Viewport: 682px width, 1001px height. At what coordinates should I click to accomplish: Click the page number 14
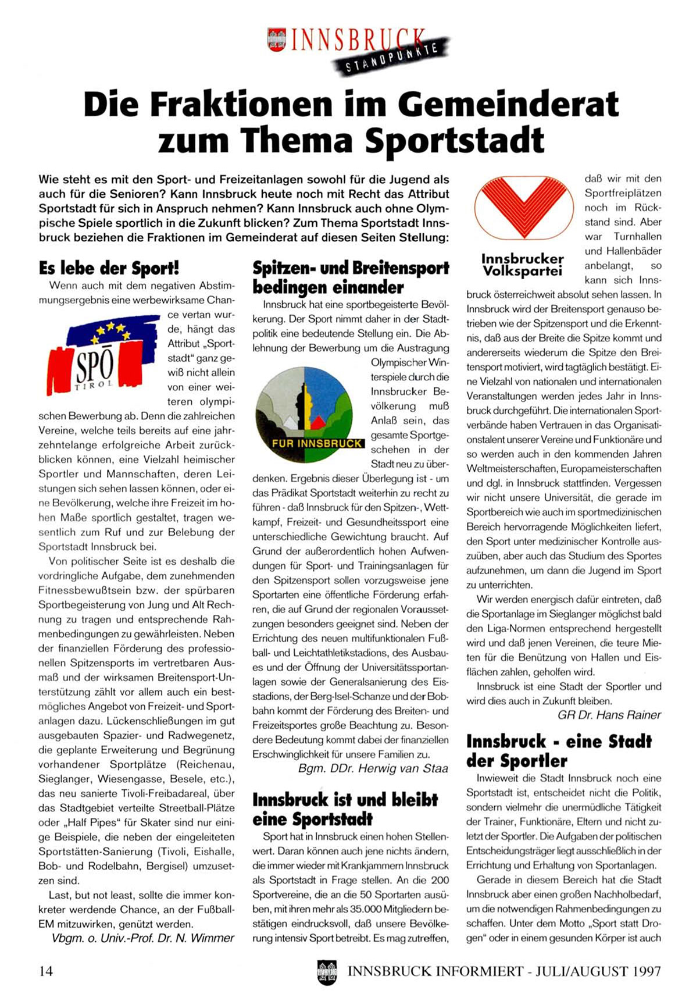point(46,971)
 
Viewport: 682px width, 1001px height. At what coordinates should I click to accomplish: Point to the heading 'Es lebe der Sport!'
point(109,268)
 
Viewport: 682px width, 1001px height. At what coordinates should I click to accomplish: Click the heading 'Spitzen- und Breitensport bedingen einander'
point(351,277)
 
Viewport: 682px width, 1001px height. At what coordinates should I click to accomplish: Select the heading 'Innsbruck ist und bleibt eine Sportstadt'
point(345,809)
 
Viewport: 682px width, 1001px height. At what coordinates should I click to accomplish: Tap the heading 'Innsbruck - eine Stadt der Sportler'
point(559,751)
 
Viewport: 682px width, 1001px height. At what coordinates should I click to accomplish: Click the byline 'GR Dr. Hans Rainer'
point(609,715)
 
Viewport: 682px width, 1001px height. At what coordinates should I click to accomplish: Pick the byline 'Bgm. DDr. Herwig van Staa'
point(373,769)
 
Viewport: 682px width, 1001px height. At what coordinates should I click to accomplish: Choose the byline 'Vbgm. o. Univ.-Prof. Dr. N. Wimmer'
point(143,938)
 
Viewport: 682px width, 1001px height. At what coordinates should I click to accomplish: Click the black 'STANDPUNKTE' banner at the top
point(391,58)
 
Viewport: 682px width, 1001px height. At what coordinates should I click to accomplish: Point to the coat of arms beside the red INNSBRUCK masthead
point(277,40)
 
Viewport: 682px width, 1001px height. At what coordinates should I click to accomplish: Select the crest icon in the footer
point(327,971)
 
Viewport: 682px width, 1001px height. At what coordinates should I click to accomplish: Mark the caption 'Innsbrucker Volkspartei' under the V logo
point(522,265)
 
